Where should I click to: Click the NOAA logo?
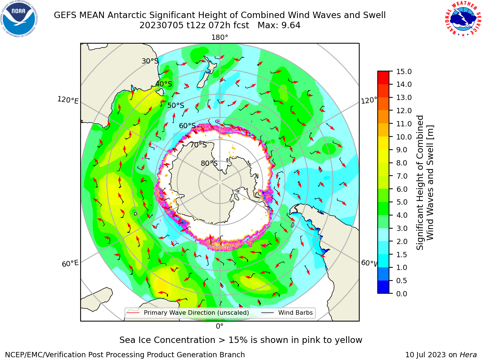[x=19, y=19]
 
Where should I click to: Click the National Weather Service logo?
[x=463, y=19]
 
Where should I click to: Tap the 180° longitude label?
[x=220, y=38]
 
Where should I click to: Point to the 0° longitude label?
[x=220, y=326]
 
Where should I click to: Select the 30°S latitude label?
[x=150, y=61]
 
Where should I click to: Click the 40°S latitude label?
[x=164, y=84]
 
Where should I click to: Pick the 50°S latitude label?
[x=176, y=105]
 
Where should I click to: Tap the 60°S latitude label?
[x=187, y=126]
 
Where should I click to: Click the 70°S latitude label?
[x=198, y=145]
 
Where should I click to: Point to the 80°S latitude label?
[x=209, y=163]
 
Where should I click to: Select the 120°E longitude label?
[x=68, y=100]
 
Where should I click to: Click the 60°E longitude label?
[x=70, y=264]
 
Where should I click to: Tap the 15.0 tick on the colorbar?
[x=404, y=71]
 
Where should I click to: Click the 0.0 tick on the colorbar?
[x=402, y=294]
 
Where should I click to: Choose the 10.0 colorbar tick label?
[x=404, y=137]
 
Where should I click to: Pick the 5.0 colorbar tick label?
[x=402, y=202]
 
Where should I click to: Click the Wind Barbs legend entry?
[x=287, y=312]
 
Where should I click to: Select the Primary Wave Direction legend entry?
[x=188, y=312]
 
